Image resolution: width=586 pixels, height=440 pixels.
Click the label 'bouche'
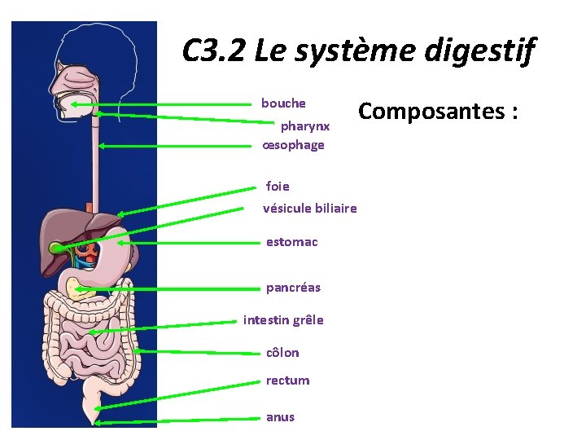(283, 103)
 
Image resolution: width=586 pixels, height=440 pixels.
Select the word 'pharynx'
(305, 126)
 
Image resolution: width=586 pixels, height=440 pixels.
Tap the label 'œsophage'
(294, 145)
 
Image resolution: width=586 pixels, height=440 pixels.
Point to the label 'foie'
(278, 186)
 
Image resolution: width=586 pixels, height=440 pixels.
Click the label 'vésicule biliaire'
(310, 209)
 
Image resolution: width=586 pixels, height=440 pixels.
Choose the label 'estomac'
(291, 242)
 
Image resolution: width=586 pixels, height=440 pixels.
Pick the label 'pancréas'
(293, 288)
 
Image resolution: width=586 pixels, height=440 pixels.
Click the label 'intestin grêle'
(283, 320)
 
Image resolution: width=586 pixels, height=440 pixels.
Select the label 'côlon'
(282, 353)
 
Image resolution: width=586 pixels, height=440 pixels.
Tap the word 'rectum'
(287, 381)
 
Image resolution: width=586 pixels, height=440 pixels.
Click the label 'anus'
(280, 417)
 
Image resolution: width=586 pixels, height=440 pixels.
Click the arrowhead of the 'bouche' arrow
(74, 104)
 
